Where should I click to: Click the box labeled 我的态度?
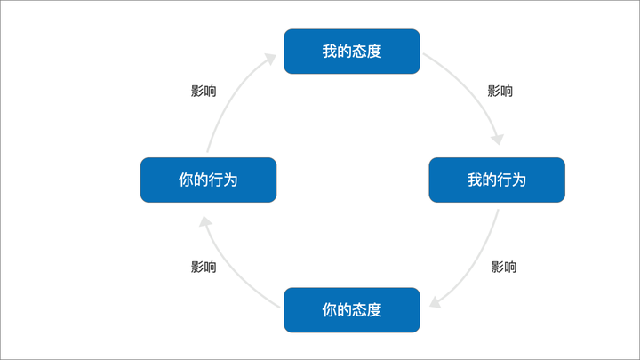351,52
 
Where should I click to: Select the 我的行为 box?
497,180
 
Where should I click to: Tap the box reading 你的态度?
351,309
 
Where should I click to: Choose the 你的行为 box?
208,180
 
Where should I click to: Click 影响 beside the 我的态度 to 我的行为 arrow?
500,91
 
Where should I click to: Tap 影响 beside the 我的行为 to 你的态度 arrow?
504,267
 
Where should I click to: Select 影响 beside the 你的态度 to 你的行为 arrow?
204,267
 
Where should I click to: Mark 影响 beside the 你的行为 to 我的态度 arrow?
204,91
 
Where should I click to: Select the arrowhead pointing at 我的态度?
270,58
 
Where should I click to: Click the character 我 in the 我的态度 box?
329,52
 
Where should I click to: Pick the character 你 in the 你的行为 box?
186,180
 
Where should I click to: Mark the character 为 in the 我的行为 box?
519,180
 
